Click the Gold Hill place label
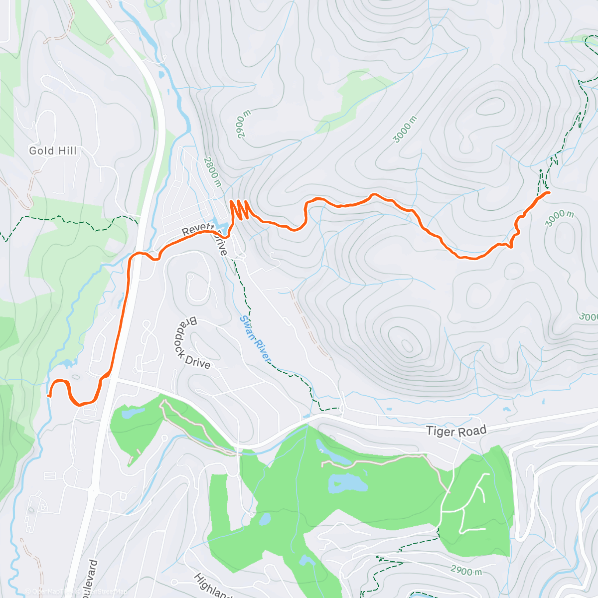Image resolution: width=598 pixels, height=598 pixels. (x=53, y=150)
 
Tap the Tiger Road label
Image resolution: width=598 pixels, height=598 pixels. (x=456, y=431)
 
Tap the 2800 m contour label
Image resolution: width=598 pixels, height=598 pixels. (x=212, y=172)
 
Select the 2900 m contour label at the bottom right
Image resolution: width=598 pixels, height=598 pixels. (x=466, y=570)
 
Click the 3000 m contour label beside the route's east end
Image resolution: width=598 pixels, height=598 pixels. (x=559, y=218)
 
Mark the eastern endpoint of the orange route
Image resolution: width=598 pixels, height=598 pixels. (x=548, y=192)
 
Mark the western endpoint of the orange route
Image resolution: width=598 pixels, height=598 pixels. (x=49, y=396)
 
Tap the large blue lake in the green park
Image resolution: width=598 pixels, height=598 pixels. (x=347, y=483)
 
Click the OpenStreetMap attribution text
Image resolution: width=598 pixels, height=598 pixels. (x=102, y=592)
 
